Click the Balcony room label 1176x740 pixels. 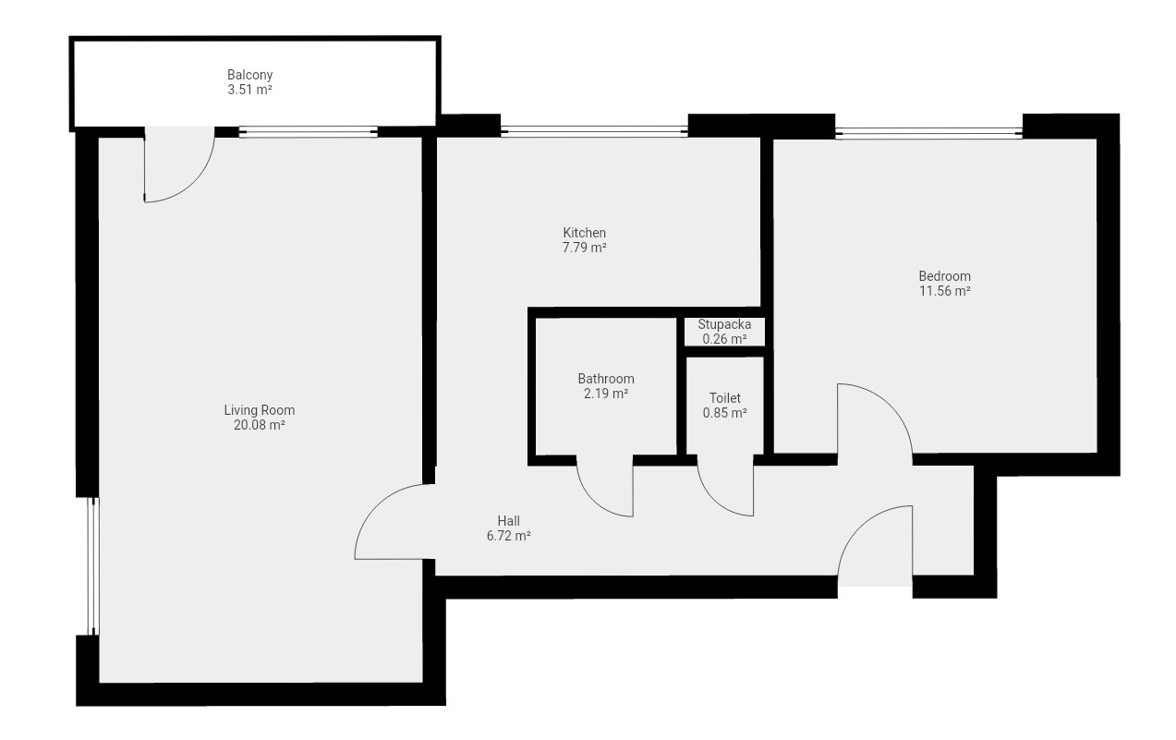point(250,75)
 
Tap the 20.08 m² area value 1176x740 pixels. point(260,425)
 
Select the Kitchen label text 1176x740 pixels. point(585,233)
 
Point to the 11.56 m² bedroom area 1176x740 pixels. point(944,291)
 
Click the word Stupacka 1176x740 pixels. point(724,324)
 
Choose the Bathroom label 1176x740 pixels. point(606,379)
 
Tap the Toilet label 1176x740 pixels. point(725,398)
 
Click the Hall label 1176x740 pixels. point(509,521)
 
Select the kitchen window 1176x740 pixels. point(594,131)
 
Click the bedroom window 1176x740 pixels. point(928,134)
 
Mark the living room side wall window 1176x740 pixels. point(93,566)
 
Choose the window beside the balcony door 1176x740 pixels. point(309,132)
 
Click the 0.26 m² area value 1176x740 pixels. point(724,339)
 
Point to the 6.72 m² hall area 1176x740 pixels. point(509,536)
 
